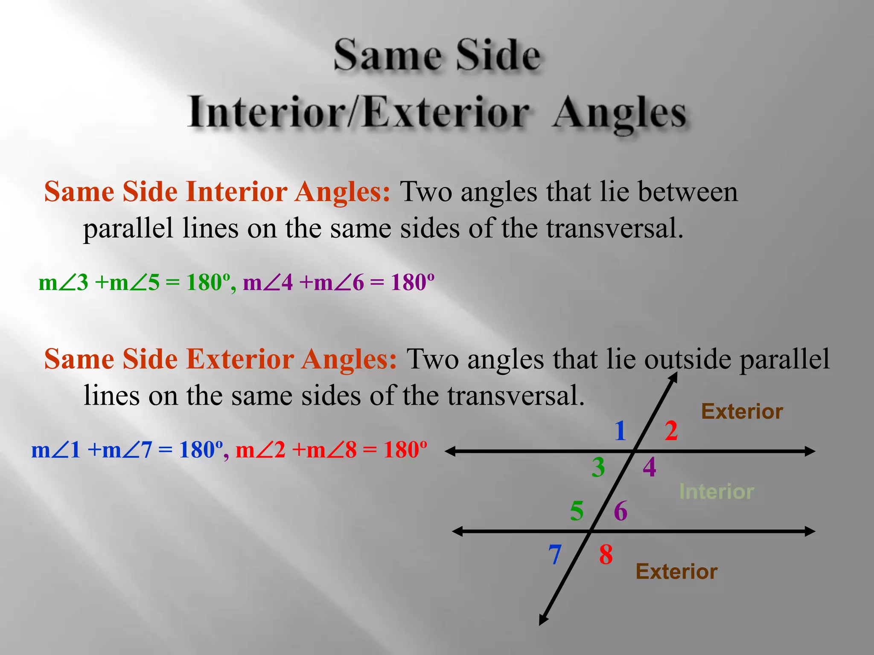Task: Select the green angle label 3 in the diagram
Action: click(598, 467)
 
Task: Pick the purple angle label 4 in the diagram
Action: click(649, 467)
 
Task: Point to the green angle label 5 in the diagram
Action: click(577, 511)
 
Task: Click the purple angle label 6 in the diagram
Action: click(620, 511)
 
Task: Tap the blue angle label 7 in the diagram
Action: click(555, 555)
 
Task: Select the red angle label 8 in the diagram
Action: click(606, 555)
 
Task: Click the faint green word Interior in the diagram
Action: click(717, 492)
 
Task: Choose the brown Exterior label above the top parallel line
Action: click(742, 412)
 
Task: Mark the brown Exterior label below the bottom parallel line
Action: click(676, 571)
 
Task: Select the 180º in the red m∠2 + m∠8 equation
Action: click(405, 449)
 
